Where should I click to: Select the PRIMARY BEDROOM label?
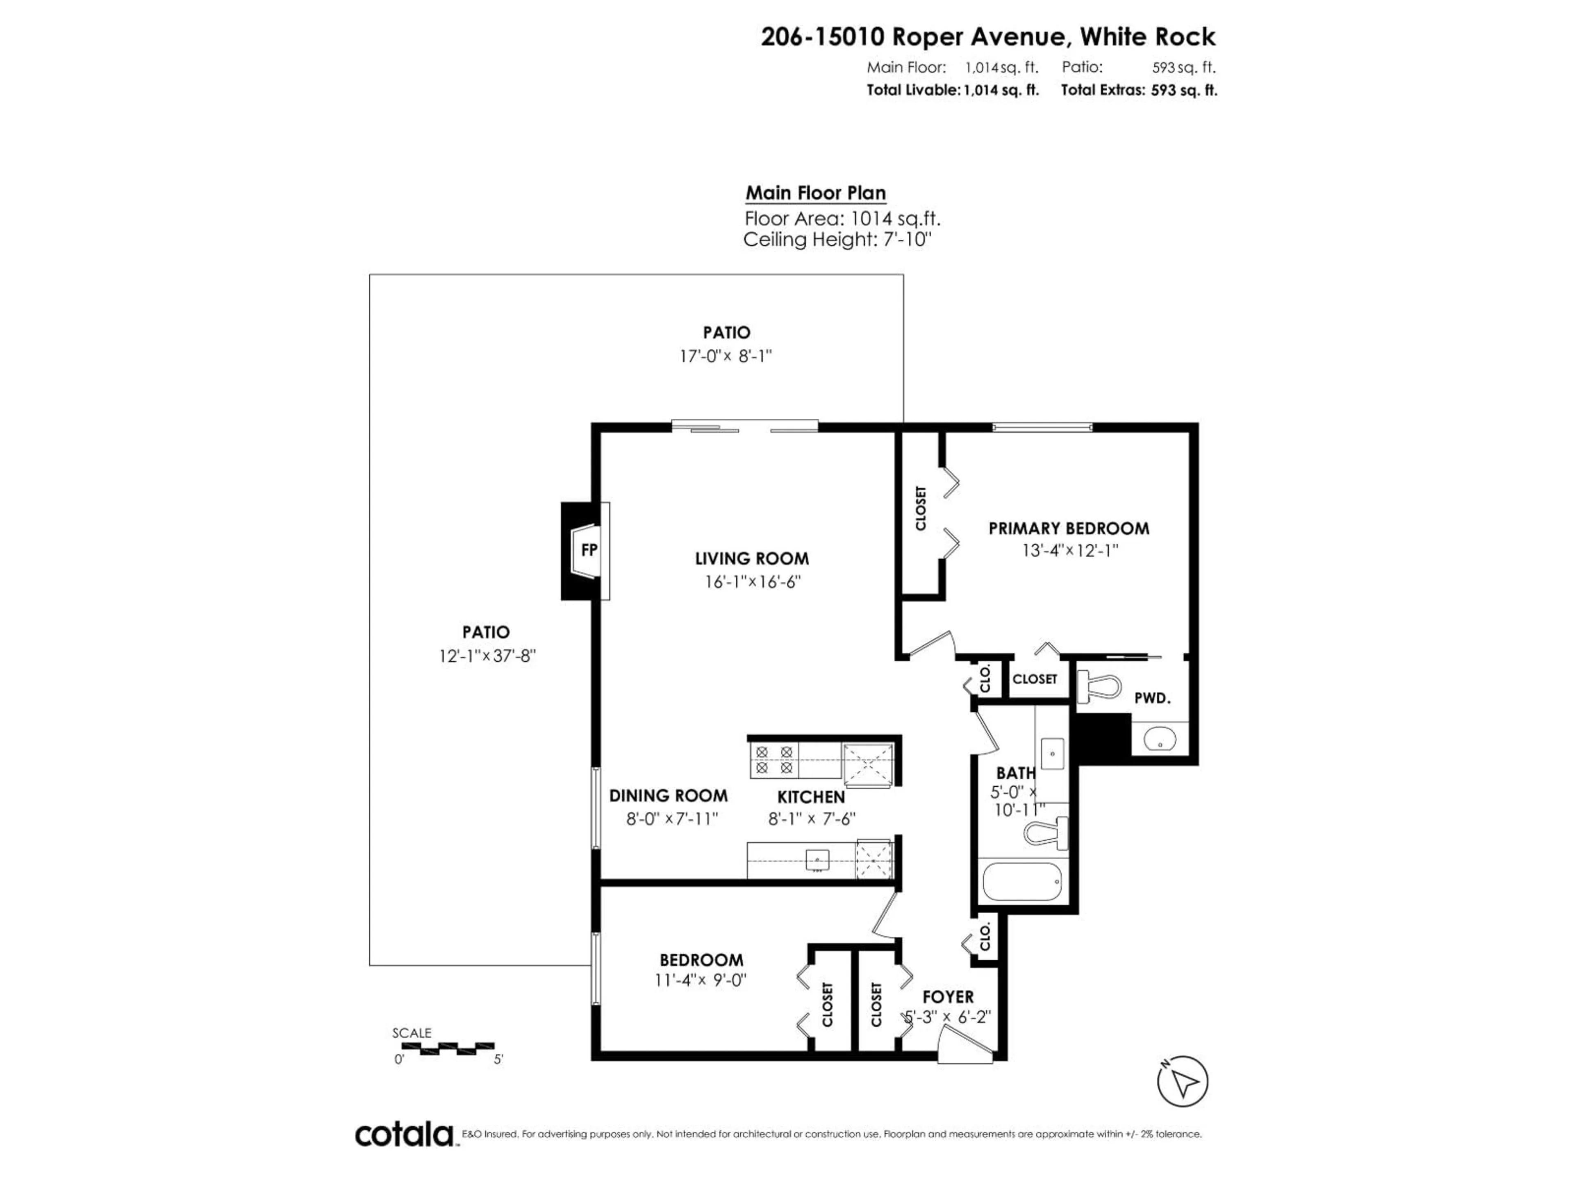click(x=1069, y=529)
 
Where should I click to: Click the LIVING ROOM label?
click(x=752, y=559)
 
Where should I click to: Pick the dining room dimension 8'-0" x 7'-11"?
click(x=672, y=819)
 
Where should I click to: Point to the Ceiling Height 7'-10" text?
click(x=837, y=240)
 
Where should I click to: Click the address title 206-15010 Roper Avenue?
click(x=988, y=37)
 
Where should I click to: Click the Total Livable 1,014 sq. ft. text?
click(x=952, y=90)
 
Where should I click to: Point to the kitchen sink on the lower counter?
click(x=817, y=861)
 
